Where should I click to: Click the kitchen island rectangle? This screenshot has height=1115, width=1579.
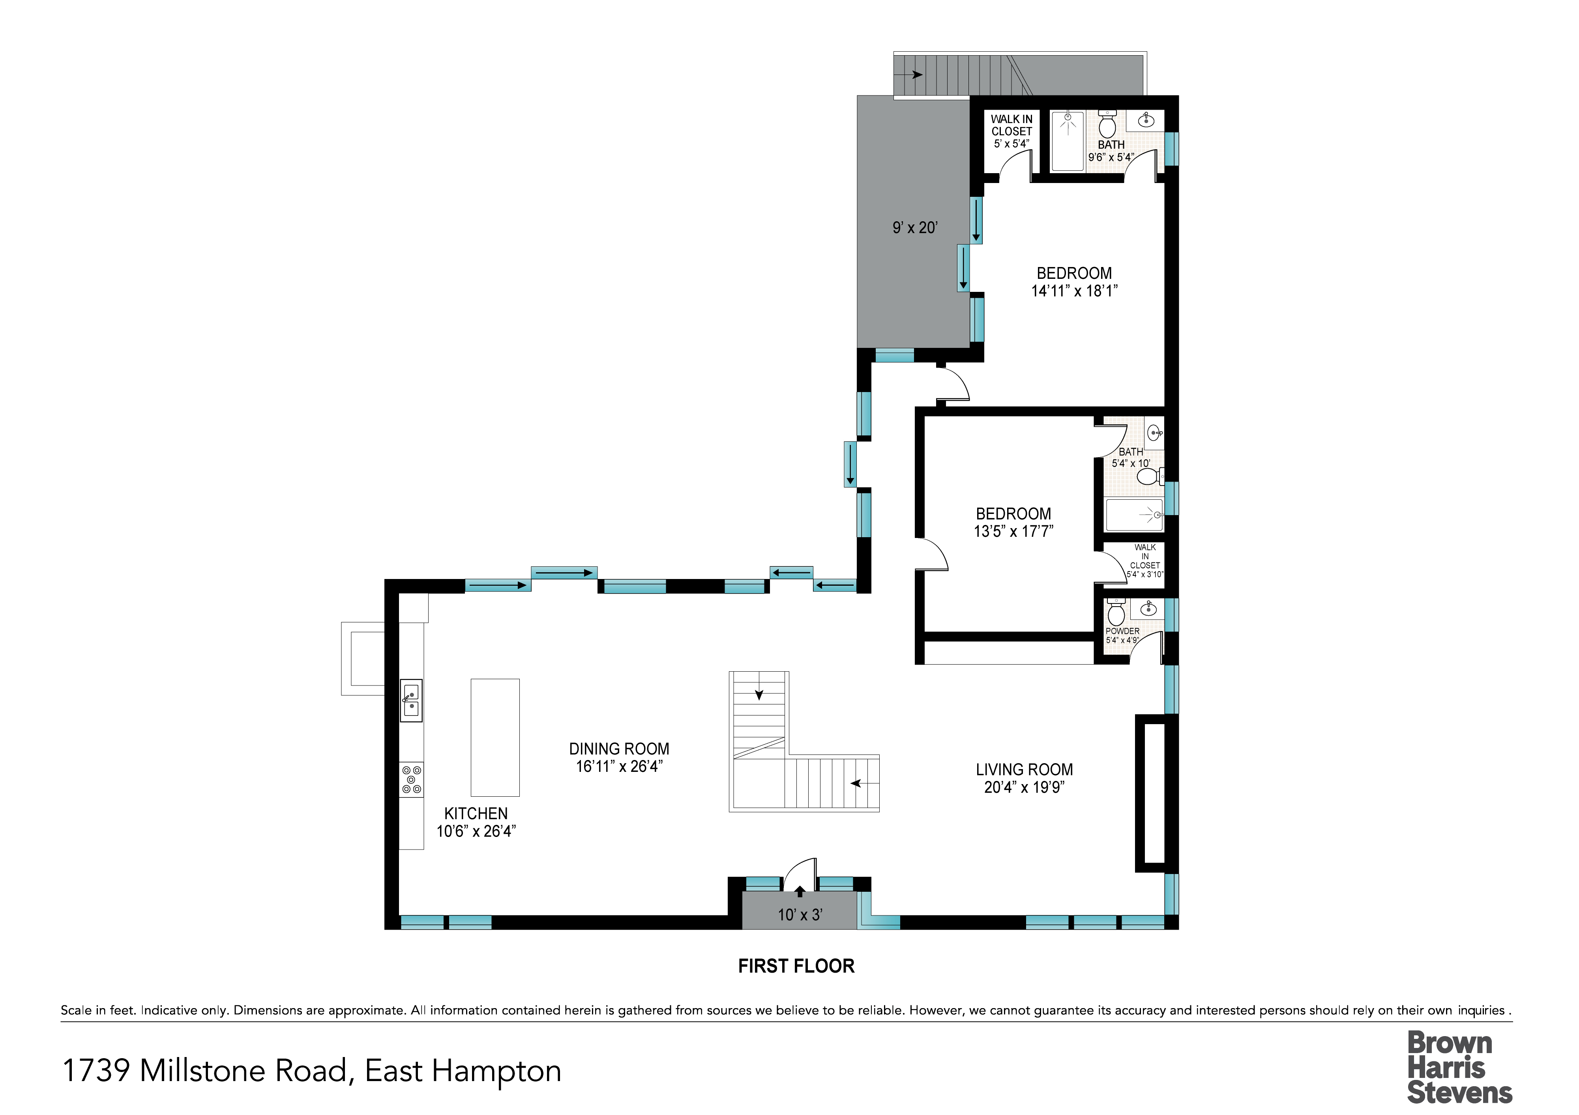[495, 738]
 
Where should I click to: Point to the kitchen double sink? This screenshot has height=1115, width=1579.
[411, 700]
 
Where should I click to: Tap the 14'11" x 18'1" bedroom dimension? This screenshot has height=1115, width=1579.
[1074, 291]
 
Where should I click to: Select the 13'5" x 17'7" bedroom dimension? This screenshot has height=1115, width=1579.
[1014, 531]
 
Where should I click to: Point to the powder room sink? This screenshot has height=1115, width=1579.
[1148, 608]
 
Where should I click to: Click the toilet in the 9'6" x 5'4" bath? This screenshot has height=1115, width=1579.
[1107, 124]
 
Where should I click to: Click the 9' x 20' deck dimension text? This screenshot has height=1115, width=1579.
[915, 228]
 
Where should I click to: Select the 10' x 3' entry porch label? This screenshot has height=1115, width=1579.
[800, 915]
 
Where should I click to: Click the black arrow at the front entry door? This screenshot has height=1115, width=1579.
[800, 892]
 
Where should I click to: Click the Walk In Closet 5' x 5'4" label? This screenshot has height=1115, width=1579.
[1011, 131]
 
